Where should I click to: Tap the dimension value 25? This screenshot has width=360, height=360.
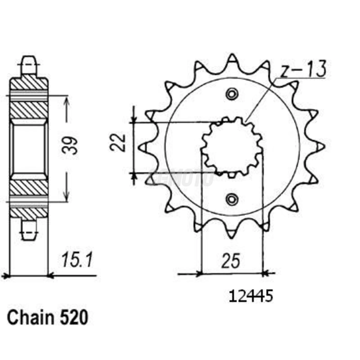(x=231, y=261)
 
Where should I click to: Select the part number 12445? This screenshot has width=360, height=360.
(x=251, y=296)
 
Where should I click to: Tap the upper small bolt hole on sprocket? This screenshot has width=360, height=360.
(x=232, y=94)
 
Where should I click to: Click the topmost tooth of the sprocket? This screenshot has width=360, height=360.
(x=232, y=59)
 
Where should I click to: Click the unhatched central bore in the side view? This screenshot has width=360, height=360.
(x=29, y=149)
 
